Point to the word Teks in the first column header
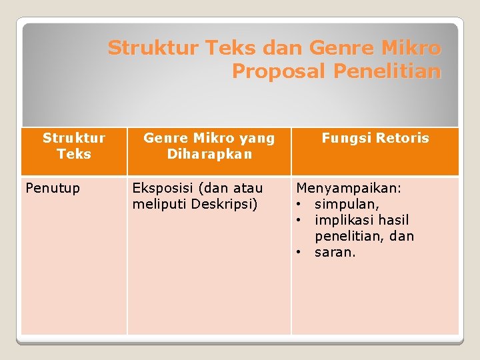click(x=74, y=154)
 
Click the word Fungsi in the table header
click(x=345, y=138)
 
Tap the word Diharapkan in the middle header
click(x=209, y=154)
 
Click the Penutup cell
click(x=53, y=188)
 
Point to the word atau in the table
click(x=246, y=188)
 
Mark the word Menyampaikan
click(x=349, y=188)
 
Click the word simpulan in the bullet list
click(x=346, y=204)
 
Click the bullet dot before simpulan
click(x=301, y=204)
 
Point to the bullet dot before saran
click(x=301, y=252)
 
